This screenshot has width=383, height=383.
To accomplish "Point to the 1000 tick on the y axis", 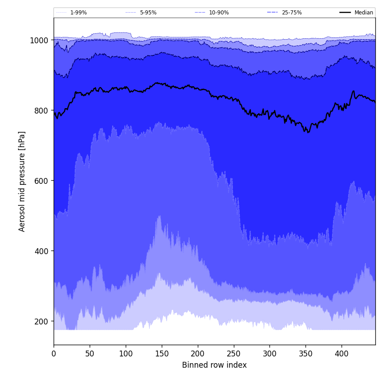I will (x=39, y=40).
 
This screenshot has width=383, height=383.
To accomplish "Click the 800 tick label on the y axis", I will (x=41, y=110).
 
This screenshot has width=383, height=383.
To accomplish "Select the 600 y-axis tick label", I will (x=41, y=181).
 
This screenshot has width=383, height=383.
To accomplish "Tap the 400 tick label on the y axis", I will (x=41, y=251).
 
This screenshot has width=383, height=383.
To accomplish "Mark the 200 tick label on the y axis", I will (x=41, y=321).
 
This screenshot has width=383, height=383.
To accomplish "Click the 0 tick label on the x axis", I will (x=54, y=354).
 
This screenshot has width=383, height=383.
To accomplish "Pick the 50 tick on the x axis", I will (x=90, y=354).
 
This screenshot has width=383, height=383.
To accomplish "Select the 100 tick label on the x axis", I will (x=126, y=354).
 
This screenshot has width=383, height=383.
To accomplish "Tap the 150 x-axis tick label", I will (x=162, y=354).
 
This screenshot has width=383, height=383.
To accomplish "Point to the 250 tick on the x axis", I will (x=233, y=354).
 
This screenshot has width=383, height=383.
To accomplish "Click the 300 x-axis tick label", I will (x=269, y=354).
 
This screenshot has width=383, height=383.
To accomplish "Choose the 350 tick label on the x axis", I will (x=305, y=354).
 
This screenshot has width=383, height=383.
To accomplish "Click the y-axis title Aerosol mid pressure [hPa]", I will (x=22, y=181).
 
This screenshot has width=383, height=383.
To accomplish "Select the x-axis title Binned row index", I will (x=214, y=365).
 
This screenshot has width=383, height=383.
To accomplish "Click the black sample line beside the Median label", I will (x=345, y=13).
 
